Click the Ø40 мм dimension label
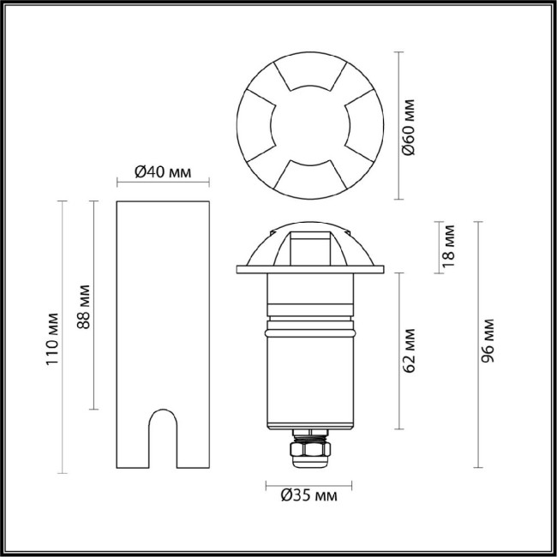[163, 172]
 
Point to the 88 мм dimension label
[84, 304]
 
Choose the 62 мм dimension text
[410, 350]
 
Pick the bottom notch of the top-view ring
[309, 176]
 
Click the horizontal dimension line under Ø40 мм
[163, 183]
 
